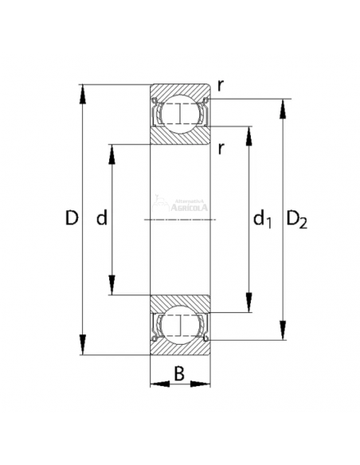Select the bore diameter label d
[101, 218]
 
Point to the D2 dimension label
[296, 219]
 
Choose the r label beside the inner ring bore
[220, 148]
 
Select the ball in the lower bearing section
[181, 325]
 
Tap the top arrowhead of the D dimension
[82, 91]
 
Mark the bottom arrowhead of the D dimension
[82, 346]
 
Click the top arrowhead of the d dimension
[112, 152]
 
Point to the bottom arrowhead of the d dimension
[112, 287]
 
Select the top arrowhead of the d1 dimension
[249, 134]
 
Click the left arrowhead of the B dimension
[158, 385]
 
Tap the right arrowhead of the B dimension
[204, 385]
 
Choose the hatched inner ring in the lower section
[181, 303]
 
